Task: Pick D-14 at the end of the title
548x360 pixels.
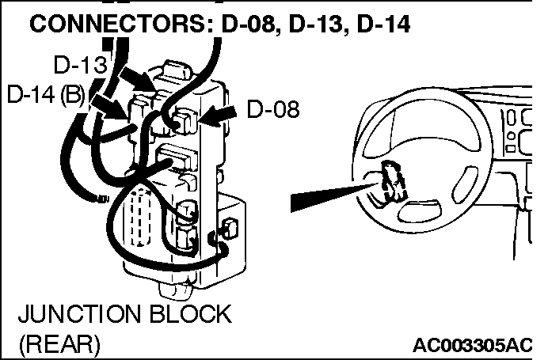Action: (x=383, y=25)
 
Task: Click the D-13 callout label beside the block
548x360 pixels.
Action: (x=81, y=65)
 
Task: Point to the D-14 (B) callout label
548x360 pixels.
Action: (x=46, y=94)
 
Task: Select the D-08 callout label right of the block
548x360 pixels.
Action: (x=273, y=109)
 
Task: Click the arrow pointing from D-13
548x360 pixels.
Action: (x=136, y=80)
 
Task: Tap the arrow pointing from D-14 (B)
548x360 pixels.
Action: (x=109, y=107)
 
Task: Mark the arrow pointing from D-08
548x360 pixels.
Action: (x=218, y=116)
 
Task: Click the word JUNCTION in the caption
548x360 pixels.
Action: (x=80, y=313)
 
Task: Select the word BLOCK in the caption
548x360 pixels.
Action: (x=191, y=313)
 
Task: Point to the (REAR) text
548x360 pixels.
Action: (x=59, y=344)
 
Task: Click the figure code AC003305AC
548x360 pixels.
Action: (x=472, y=345)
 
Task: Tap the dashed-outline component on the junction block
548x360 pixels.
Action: (x=141, y=217)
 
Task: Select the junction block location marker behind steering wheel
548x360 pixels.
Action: (x=393, y=181)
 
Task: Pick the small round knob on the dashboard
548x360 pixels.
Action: (x=511, y=136)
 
